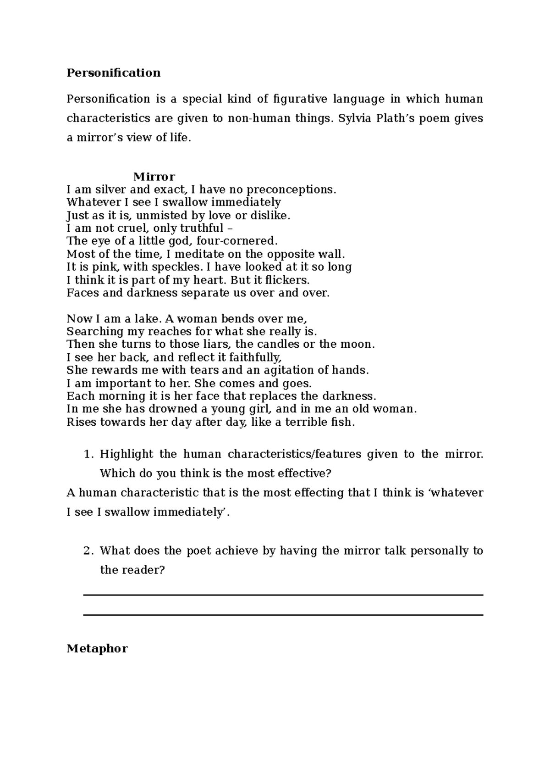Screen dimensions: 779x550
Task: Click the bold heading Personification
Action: [x=114, y=73]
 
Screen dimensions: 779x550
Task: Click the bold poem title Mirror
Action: [x=154, y=177]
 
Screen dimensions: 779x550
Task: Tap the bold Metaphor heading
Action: [x=97, y=649]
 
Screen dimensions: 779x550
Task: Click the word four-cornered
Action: [x=243, y=241]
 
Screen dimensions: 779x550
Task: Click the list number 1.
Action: [x=88, y=455]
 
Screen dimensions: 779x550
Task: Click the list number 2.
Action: [x=88, y=551]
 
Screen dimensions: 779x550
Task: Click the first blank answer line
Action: [x=283, y=595]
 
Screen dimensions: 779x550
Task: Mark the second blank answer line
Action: [x=283, y=614]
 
